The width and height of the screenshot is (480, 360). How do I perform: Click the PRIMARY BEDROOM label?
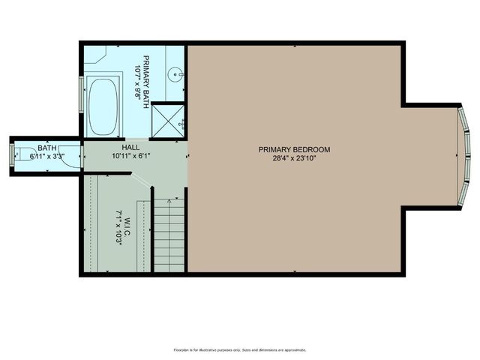tap(294, 149)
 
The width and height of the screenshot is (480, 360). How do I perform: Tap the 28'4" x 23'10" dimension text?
tap(294, 159)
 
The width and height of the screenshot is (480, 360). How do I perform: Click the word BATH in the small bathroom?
tap(46, 148)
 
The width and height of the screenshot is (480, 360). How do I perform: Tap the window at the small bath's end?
tap(11, 155)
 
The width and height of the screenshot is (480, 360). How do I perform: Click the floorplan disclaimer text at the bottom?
tap(240, 349)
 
